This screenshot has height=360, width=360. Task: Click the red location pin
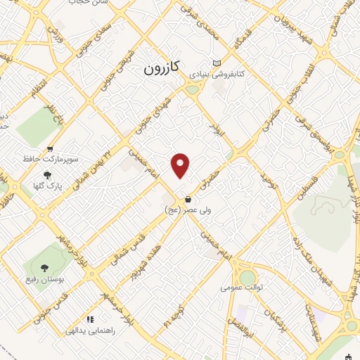pyautogui.click(x=181, y=165)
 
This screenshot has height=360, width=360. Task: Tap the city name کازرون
pyautogui.click(x=162, y=67)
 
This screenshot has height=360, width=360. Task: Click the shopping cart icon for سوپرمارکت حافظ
pyautogui.click(x=50, y=149)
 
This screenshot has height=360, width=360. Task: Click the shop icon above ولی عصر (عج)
pyautogui.click(x=187, y=199)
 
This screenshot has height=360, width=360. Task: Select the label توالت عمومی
pyautogui.click(x=241, y=287)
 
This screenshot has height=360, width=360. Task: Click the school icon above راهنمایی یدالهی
pyautogui.click(x=89, y=319)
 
